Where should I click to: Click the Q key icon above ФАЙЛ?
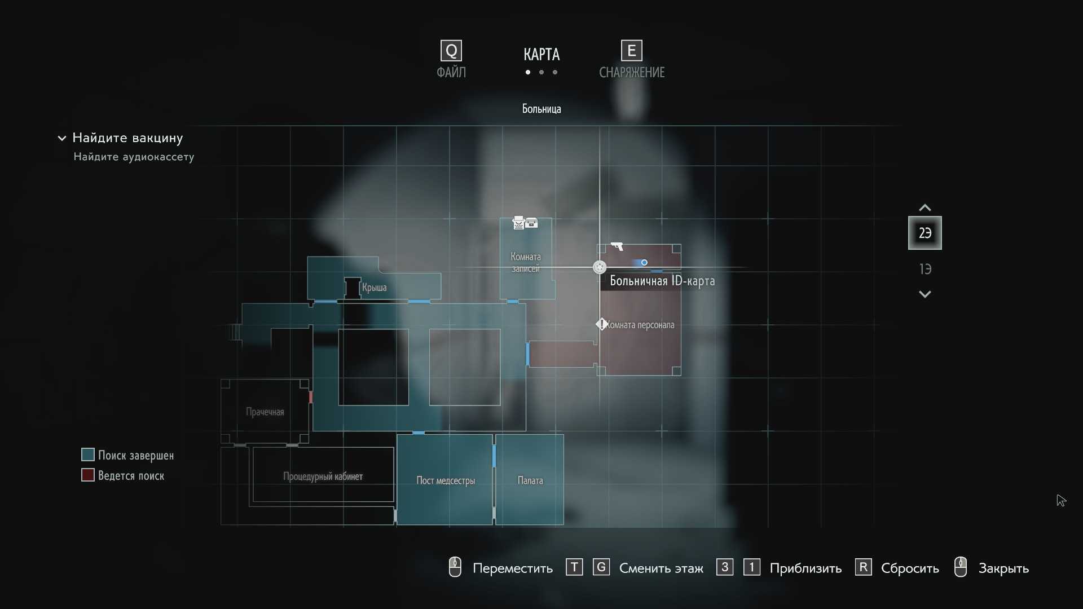click(451, 51)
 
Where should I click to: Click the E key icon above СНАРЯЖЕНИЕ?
click(632, 51)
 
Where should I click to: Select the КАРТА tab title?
click(541, 55)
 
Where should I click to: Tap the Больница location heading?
click(541, 109)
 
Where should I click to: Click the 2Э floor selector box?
click(925, 233)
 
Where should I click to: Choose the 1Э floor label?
click(925, 269)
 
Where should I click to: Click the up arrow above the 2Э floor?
click(925, 208)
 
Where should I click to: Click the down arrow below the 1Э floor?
click(925, 294)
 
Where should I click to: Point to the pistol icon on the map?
click(617, 246)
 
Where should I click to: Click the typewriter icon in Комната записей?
click(518, 223)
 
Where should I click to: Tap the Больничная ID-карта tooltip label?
click(662, 281)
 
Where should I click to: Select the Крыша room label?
click(374, 288)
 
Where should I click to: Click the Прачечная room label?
click(265, 412)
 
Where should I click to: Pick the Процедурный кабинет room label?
click(323, 476)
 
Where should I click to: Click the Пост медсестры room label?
click(446, 480)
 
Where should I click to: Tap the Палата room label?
click(530, 480)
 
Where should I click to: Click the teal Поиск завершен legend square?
click(87, 454)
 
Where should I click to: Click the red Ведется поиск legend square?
click(87, 475)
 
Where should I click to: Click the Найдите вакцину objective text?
click(127, 138)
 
